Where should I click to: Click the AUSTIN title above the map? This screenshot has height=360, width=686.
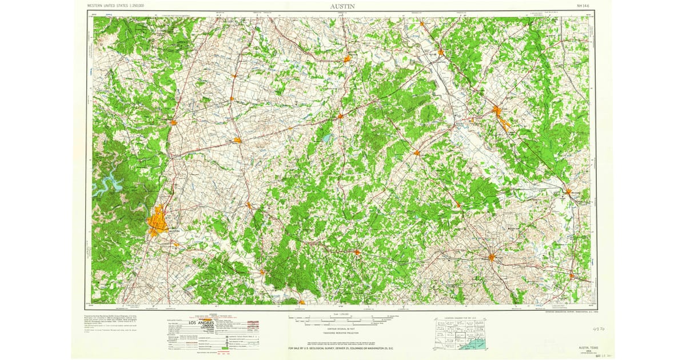[x=342, y=6]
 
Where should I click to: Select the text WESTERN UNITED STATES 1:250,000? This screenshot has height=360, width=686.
[x=115, y=5]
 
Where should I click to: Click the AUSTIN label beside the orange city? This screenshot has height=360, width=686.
[x=174, y=231]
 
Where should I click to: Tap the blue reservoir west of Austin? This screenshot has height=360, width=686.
[x=112, y=184]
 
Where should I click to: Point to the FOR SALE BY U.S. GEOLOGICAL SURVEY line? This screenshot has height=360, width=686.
[x=342, y=347]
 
